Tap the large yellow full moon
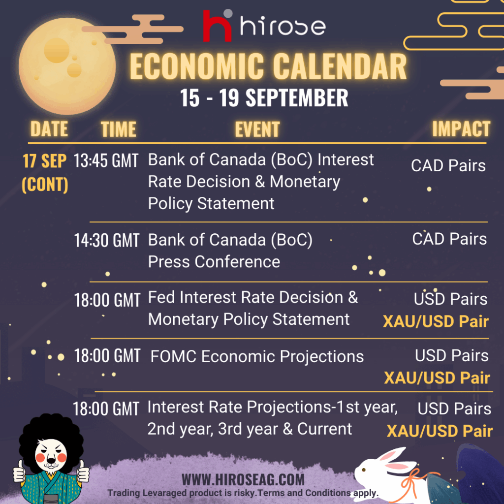pos(67,66)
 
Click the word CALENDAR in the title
pos(340,66)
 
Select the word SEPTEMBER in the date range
pos(297,98)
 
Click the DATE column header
pos(49,129)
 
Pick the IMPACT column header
pos(461,129)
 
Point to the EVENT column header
pos(257,129)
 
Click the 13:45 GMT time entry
pos(106,160)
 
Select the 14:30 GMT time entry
pos(107,240)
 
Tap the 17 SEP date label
pos(45,161)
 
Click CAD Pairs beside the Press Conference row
pos(449,239)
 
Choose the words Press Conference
pos(214,262)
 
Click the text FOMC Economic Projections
pos(257,356)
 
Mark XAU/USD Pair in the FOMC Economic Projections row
pos(437,378)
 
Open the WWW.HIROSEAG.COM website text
pos(243,480)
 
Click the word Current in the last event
pos(325,429)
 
